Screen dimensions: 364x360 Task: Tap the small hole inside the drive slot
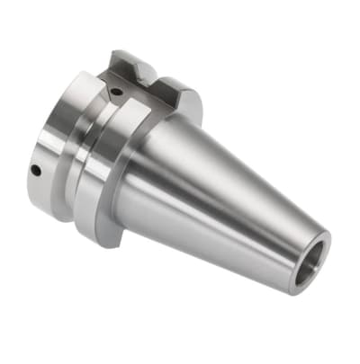[x=117, y=89]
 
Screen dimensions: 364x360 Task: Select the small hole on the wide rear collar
[x=35, y=169]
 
